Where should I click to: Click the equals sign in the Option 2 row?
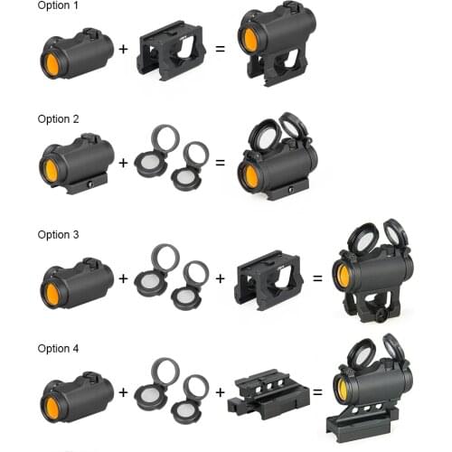point(220,163)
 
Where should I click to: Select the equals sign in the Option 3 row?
point(317,278)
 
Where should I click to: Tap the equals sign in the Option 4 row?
point(317,392)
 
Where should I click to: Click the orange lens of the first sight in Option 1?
point(52,63)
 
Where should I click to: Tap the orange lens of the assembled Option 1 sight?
point(250,40)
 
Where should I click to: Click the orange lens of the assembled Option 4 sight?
point(343,389)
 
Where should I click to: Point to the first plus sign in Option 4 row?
point(124,392)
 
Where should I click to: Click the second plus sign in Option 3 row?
point(220,278)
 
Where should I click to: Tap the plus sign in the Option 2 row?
point(124,163)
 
